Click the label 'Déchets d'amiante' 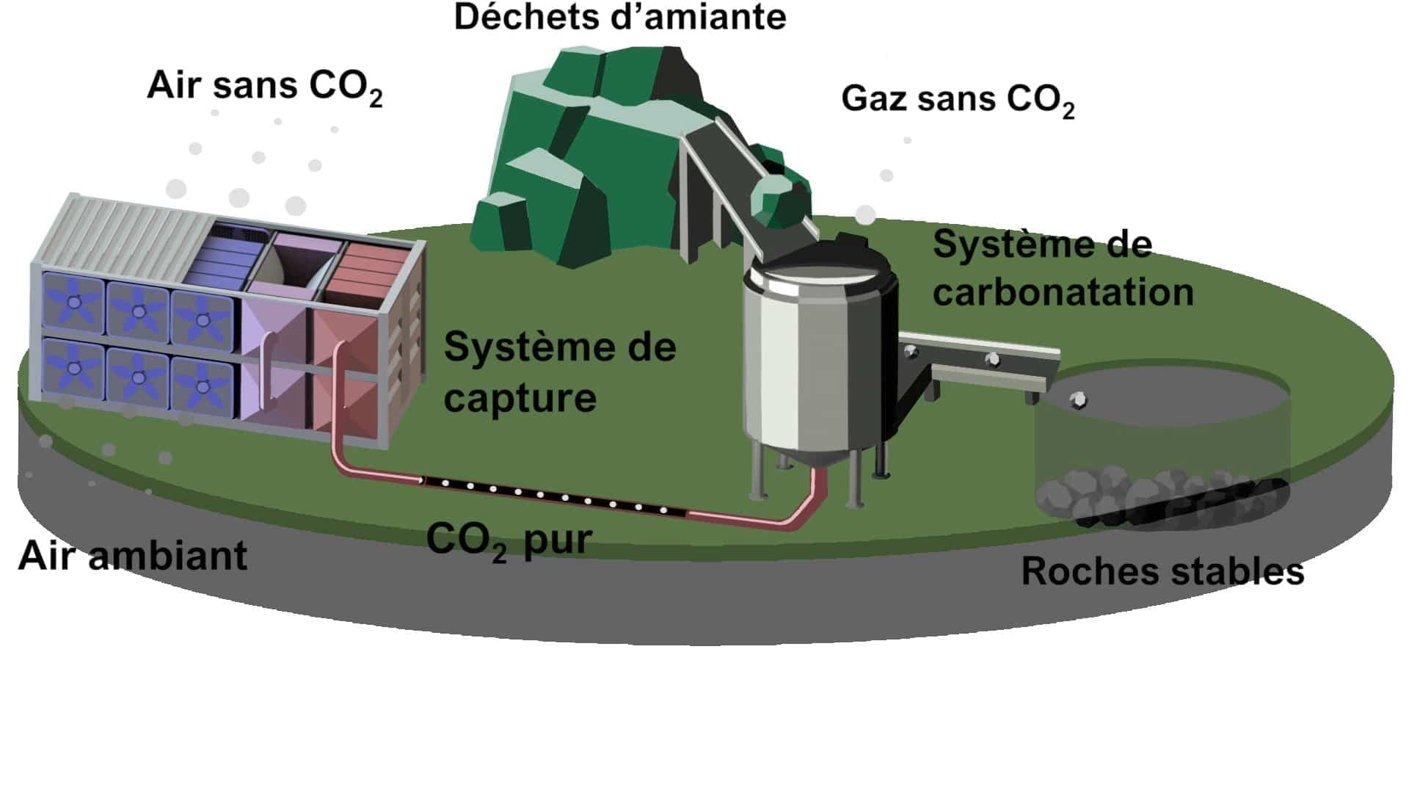pyautogui.click(x=620, y=18)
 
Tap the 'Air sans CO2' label pyautogui.click(x=264, y=86)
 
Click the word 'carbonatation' pyautogui.click(x=1063, y=292)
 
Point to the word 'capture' pyautogui.click(x=520, y=399)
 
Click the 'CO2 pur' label pyautogui.click(x=509, y=541)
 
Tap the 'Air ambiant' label pyautogui.click(x=133, y=556)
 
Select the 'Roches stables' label pyautogui.click(x=1162, y=571)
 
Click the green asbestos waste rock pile pyautogui.click(x=580, y=162)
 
